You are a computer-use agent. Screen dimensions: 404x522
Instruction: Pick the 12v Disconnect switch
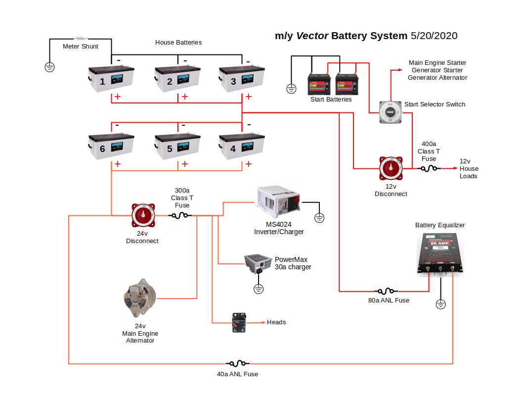click(391, 168)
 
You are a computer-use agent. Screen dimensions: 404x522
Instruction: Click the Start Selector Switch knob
click(390, 112)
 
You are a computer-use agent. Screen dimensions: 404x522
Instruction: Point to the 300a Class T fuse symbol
click(180, 215)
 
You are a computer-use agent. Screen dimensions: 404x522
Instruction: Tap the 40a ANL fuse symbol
click(237, 364)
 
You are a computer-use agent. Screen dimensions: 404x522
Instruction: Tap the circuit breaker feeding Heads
click(240, 322)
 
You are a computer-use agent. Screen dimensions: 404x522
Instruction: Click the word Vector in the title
click(312, 36)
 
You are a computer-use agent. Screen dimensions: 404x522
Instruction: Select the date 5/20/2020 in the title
click(434, 36)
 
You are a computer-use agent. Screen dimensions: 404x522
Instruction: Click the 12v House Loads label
click(469, 168)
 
